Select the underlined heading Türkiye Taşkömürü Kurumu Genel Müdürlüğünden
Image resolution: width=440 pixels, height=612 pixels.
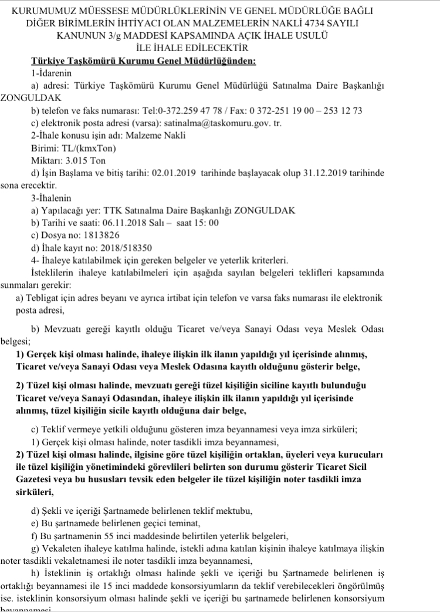click(144, 60)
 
